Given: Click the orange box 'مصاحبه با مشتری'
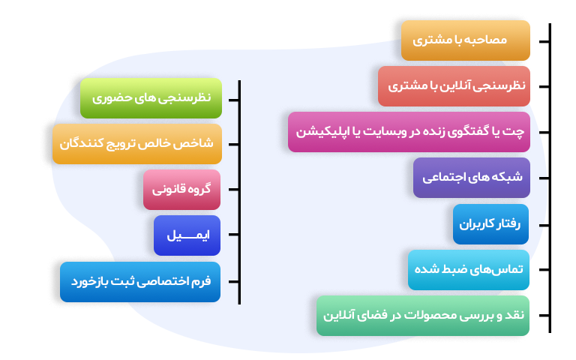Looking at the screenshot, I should [x=466, y=40].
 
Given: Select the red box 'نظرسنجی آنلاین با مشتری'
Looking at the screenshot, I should [x=454, y=86].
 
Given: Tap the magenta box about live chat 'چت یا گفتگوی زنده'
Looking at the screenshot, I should [x=409, y=132].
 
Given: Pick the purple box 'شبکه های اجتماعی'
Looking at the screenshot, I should [x=472, y=178].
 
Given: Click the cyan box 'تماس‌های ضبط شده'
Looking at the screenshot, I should [x=469, y=269].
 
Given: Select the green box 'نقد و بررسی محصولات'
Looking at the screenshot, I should [x=424, y=315].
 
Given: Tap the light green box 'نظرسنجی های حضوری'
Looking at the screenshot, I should [x=151, y=98].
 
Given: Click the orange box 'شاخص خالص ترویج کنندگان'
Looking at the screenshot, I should [x=136, y=143].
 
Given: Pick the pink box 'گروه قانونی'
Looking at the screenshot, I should [x=181, y=189].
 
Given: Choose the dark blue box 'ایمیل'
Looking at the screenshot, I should [x=187, y=235].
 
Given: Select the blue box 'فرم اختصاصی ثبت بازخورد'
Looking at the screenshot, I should [x=140, y=281].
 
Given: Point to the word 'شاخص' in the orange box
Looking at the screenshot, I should [x=198, y=143].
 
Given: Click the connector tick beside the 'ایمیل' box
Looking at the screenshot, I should [x=232, y=235].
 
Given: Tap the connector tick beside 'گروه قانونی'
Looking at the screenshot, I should [x=232, y=189].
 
